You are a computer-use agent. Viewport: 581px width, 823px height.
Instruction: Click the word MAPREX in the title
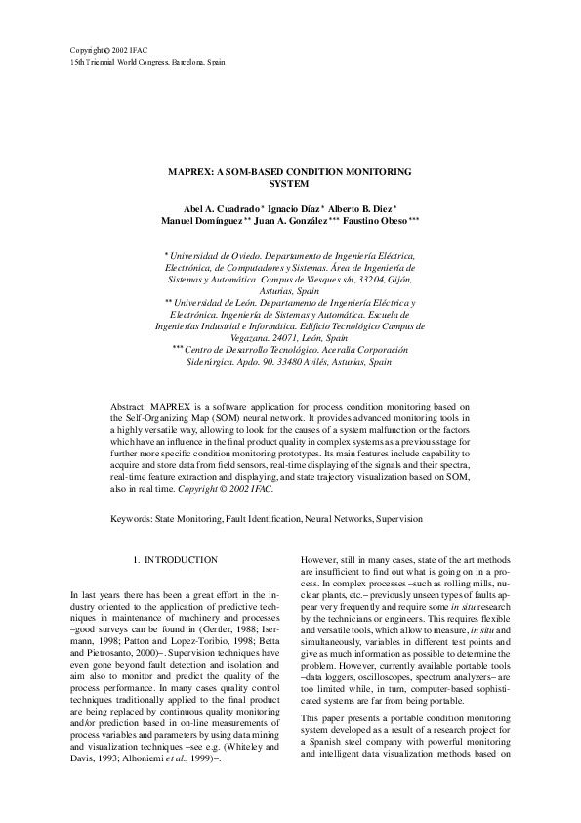[190, 170]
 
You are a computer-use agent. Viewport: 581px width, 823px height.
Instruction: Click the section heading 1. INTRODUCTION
[175, 559]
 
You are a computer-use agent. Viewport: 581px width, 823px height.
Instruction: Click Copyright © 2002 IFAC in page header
[106, 48]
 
